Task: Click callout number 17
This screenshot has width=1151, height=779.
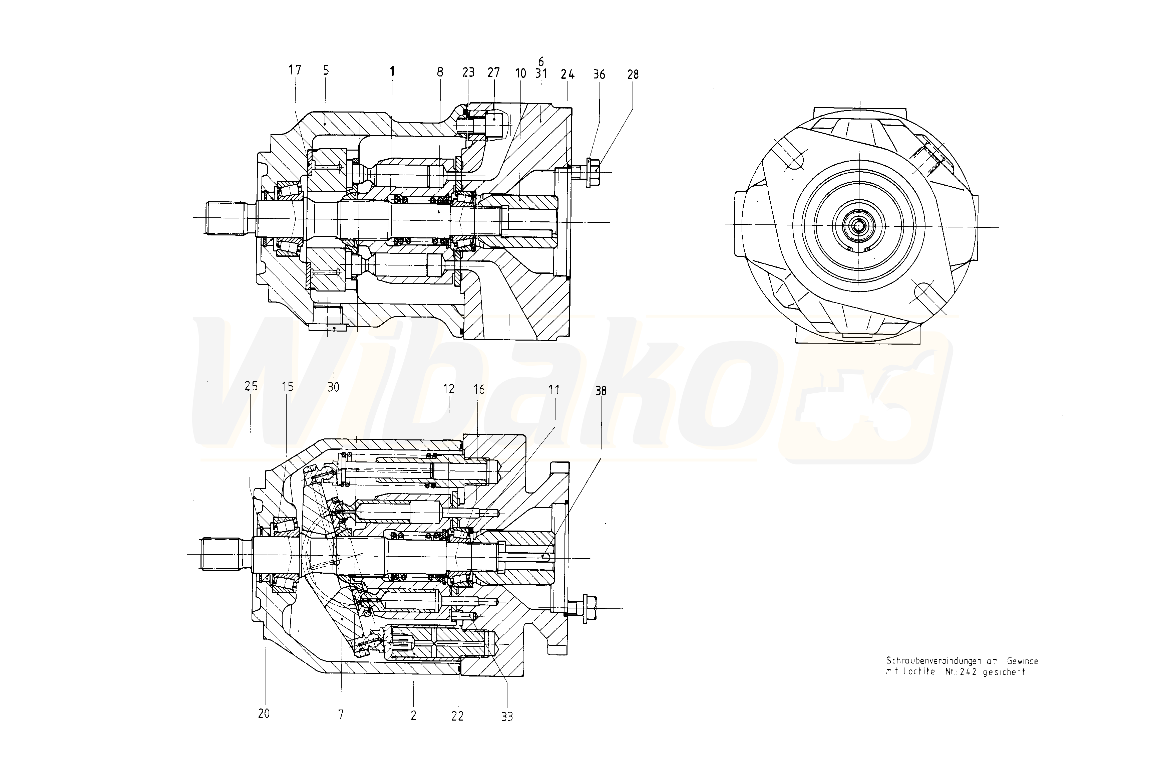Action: pos(295,70)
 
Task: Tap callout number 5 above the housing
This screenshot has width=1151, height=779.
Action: pos(326,70)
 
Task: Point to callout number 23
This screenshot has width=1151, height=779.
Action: pos(468,72)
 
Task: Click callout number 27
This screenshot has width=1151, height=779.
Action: pos(494,72)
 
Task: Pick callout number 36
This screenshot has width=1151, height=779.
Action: pos(599,74)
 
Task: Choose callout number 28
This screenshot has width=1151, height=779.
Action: pos(633,74)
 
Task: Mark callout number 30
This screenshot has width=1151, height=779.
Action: pos(333,387)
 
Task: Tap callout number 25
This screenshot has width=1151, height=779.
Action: pos(251,386)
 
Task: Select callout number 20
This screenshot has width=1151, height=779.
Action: pos(264,714)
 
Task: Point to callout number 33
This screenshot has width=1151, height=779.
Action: pos(507,717)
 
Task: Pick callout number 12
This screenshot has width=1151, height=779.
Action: pos(448,389)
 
